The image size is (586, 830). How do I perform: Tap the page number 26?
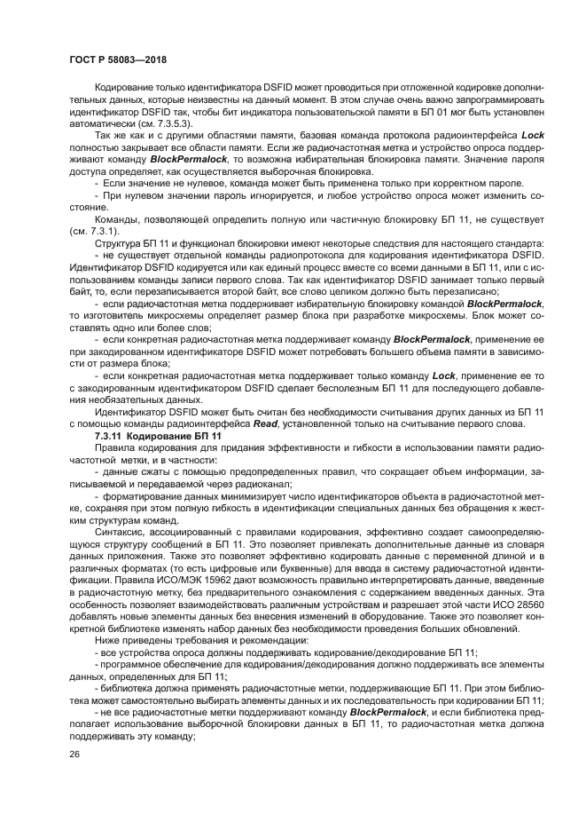click(x=74, y=755)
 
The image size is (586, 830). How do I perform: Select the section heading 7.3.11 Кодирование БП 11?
click(x=157, y=437)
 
